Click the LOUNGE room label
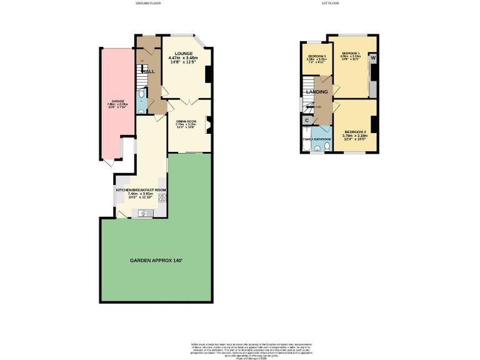coord(184,54)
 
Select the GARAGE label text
coord(117,101)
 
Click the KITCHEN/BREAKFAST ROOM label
coord(141,189)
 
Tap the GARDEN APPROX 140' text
coord(156,260)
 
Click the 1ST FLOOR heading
coord(330,3)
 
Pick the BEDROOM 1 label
coord(351,53)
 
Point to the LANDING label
coord(316,92)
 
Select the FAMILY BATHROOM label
coord(317,139)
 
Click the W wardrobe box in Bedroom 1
coord(373,58)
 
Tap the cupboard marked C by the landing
coord(307,121)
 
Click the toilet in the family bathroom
coord(318,149)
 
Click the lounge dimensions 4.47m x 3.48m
coord(184,59)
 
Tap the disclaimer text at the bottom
coord(240,348)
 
